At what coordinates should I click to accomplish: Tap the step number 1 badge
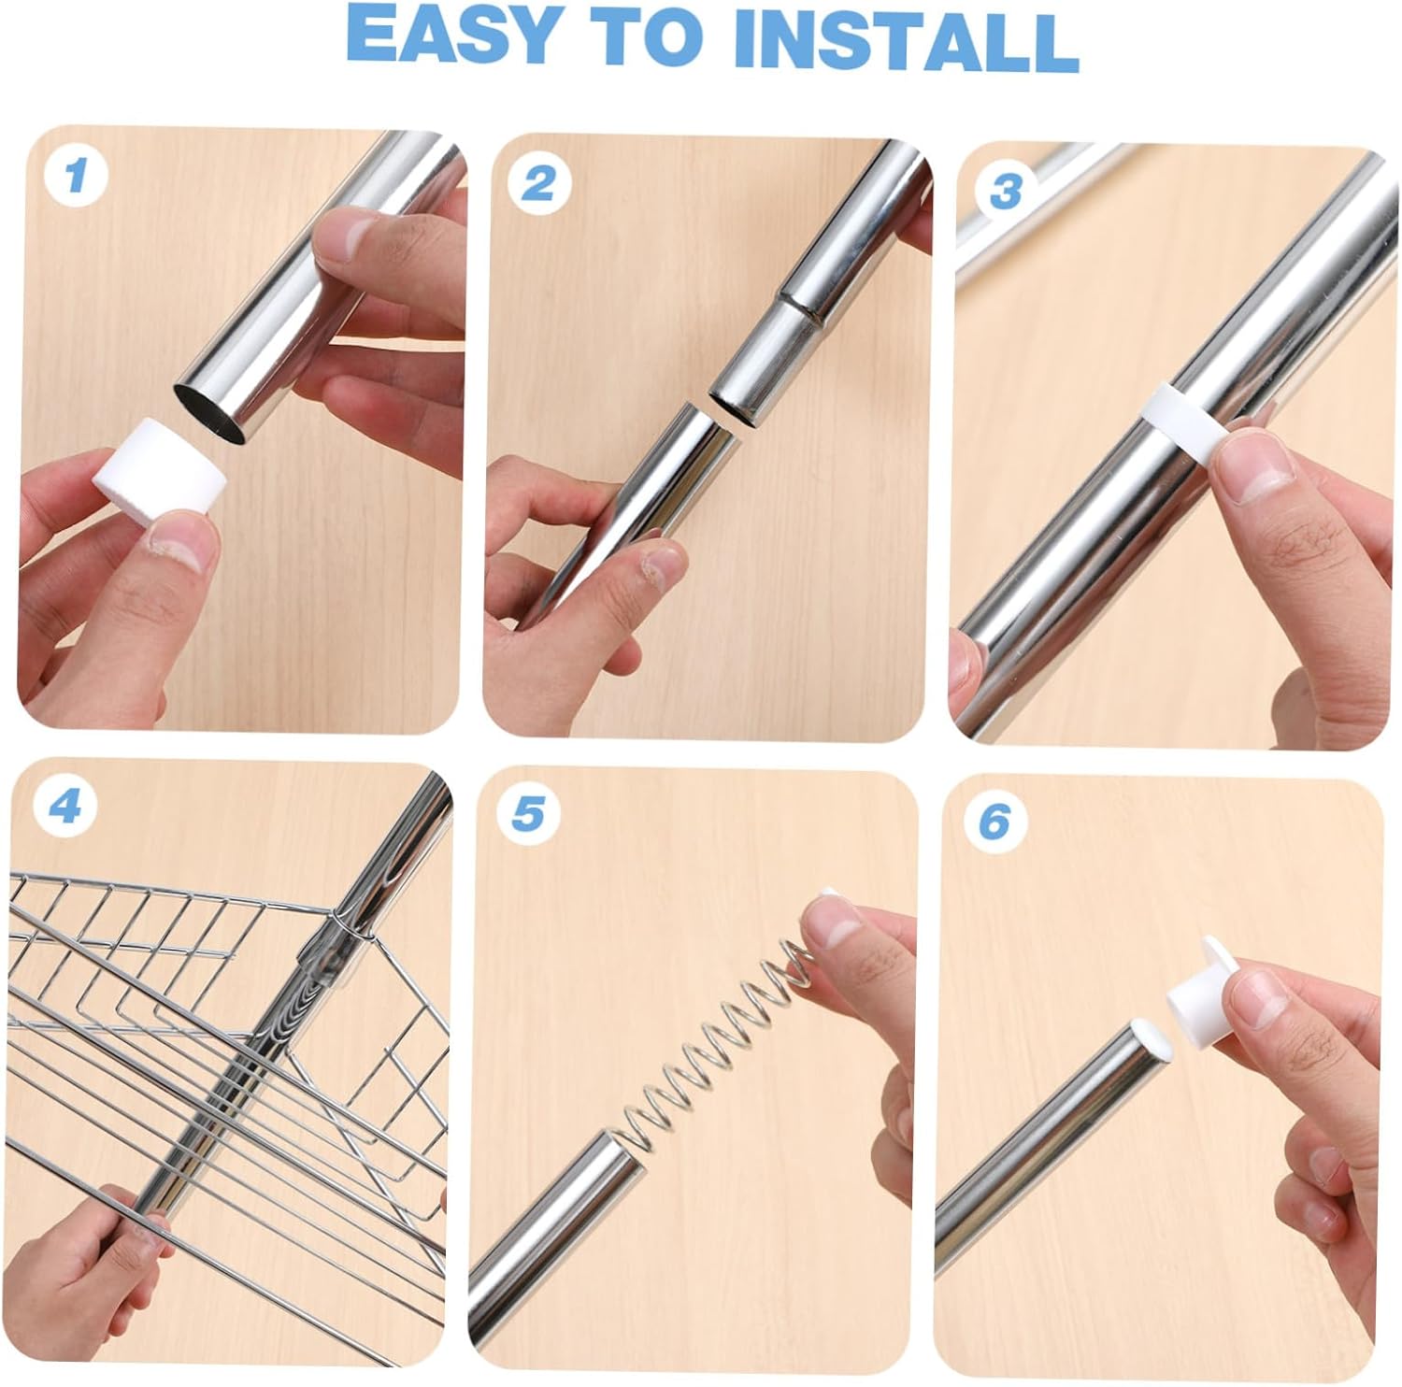(x=76, y=175)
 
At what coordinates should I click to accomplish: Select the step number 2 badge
(x=537, y=183)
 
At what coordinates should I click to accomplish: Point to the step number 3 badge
(x=1005, y=192)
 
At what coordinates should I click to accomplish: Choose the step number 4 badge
(x=64, y=807)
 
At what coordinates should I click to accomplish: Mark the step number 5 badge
(x=528, y=814)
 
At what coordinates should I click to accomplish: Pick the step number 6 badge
(x=994, y=822)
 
